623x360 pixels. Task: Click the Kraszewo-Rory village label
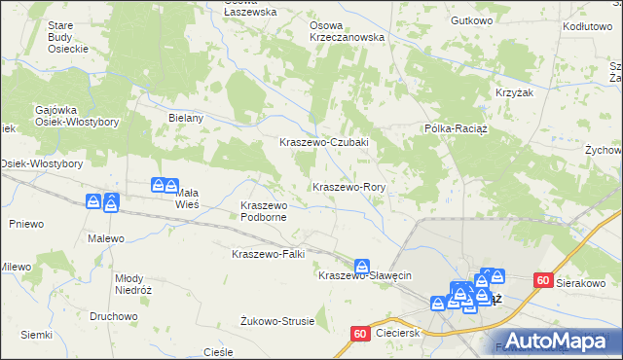click(x=349, y=186)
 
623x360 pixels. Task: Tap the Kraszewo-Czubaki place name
click(x=322, y=142)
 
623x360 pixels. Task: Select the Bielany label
click(x=185, y=118)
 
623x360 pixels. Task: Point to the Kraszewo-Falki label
click(x=268, y=254)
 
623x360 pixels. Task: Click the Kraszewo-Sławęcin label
click(x=366, y=275)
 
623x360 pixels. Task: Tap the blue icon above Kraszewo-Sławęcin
click(x=362, y=265)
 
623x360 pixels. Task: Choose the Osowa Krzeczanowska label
click(x=347, y=31)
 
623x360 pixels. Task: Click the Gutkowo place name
click(x=473, y=20)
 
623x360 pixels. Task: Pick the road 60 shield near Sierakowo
click(x=543, y=280)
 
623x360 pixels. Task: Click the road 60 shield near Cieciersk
click(x=359, y=334)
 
